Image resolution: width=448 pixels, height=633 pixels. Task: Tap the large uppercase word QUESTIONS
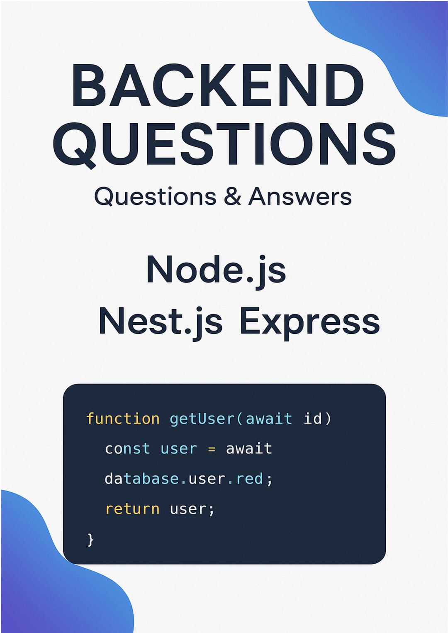click(224, 144)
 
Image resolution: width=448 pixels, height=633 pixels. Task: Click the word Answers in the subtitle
click(300, 197)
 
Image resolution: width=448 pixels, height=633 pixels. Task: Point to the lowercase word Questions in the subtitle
click(155, 197)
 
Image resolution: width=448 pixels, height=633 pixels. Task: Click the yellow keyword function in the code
click(123, 419)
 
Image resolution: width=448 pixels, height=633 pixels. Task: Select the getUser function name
click(202, 419)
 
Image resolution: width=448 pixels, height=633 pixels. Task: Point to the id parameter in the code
click(312, 419)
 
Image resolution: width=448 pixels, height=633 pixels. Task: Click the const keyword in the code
click(127, 449)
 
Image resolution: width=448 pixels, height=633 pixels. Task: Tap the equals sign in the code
click(212, 449)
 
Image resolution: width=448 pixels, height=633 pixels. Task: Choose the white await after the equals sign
click(249, 449)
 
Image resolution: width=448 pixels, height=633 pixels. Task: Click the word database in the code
click(141, 479)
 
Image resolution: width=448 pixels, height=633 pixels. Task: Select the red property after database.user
click(249, 479)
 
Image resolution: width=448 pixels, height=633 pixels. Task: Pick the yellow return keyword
click(132, 509)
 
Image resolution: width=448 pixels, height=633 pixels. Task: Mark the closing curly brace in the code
click(90, 540)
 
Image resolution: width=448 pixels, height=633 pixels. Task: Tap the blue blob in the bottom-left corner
click(50, 581)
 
